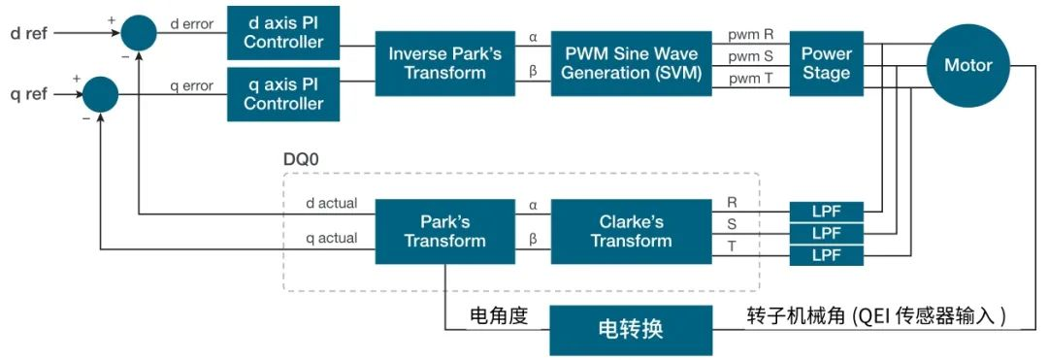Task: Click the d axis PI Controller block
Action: click(x=283, y=32)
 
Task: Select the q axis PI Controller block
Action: click(x=283, y=94)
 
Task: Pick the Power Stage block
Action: click(x=826, y=63)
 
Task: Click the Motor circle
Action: click(x=967, y=65)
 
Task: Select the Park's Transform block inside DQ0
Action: click(x=444, y=230)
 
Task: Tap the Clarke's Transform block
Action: click(x=630, y=230)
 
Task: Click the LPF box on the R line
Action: click(x=826, y=210)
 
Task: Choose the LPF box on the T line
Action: click(x=826, y=256)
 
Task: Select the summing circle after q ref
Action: click(x=100, y=94)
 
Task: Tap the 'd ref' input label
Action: click(x=28, y=33)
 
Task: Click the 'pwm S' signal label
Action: click(x=750, y=57)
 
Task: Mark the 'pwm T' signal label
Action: click(x=750, y=79)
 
